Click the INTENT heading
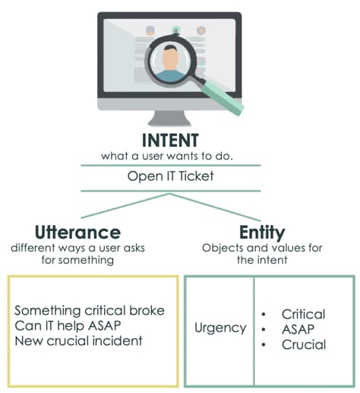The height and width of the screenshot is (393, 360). point(170,141)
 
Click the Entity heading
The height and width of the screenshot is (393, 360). point(262,231)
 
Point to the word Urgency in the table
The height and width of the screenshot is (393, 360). point(219,328)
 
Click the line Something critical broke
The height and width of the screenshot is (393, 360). point(89,312)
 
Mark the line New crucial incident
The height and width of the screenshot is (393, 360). point(77,342)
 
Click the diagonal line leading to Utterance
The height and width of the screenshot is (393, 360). point(122,205)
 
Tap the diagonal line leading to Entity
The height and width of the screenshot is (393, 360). point(220,205)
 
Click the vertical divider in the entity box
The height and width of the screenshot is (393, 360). point(254,331)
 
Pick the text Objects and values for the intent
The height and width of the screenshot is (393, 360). point(263,255)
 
